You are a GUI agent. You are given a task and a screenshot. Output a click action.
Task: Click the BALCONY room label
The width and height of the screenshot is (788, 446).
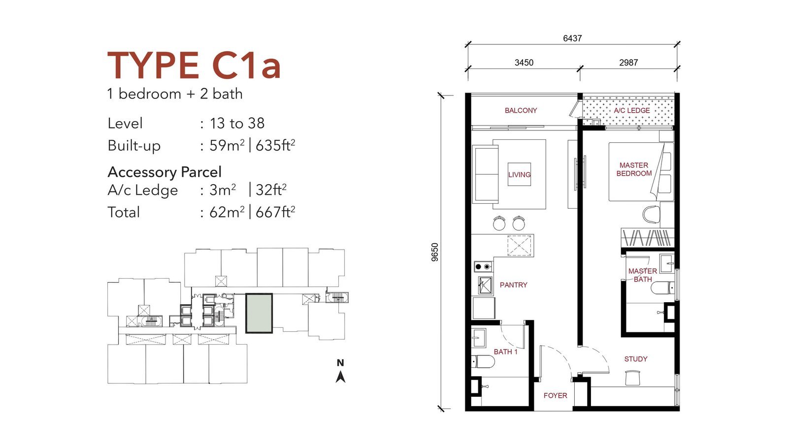[x=521, y=110]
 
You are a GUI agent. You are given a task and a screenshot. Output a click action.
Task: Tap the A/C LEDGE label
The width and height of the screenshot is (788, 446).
[x=632, y=110]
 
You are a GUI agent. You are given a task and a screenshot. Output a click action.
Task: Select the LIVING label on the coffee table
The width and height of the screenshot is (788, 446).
[x=519, y=174]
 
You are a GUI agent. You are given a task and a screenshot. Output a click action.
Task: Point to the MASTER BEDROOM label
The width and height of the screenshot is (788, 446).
[x=634, y=169]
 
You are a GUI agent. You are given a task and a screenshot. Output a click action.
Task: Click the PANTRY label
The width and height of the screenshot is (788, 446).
[x=513, y=285]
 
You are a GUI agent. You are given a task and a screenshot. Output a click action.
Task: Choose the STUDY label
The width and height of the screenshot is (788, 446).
[x=636, y=359]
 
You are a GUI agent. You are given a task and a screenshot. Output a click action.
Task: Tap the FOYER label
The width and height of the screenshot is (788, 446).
[x=555, y=396]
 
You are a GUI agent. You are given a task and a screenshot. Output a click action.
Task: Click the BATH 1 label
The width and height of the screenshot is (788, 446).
[x=505, y=352]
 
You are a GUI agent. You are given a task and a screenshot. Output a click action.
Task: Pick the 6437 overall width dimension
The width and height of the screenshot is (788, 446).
[x=572, y=38]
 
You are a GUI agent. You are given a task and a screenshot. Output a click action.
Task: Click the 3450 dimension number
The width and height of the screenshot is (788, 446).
[x=524, y=63]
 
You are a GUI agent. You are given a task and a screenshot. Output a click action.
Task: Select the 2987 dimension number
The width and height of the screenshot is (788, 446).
[x=628, y=63]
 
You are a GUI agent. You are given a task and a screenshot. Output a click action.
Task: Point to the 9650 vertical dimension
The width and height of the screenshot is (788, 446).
[x=435, y=252]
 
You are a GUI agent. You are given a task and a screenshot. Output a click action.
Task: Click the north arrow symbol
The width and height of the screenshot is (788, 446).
[x=340, y=377]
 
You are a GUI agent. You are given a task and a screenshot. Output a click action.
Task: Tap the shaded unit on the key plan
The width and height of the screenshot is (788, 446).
[x=259, y=313]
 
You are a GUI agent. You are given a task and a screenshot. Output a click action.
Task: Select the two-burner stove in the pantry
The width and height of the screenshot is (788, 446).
[x=483, y=267]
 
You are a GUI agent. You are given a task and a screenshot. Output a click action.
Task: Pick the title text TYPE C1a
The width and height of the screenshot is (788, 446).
[x=194, y=65]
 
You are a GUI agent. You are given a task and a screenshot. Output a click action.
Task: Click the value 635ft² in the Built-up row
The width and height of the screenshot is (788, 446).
[x=275, y=145]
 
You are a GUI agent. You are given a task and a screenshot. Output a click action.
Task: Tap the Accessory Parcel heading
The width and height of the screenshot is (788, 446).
[x=164, y=172]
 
